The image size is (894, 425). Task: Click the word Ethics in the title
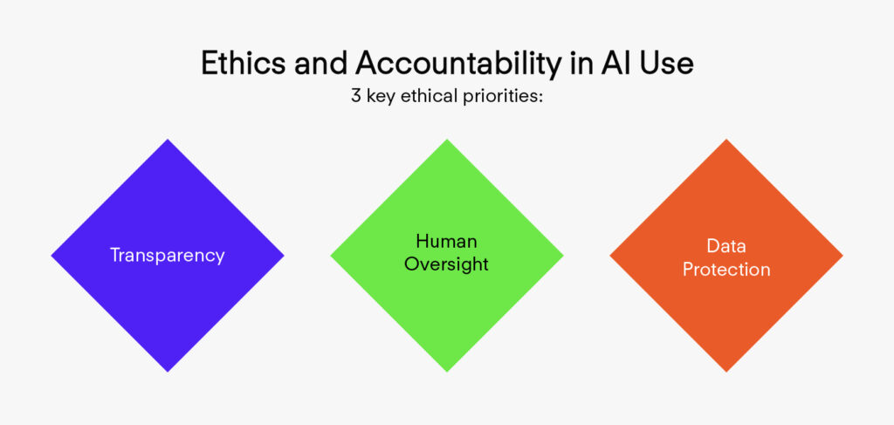tap(244, 64)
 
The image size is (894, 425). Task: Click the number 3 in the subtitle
tap(356, 96)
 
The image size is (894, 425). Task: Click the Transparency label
tap(167, 256)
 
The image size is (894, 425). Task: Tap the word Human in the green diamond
tap(446, 242)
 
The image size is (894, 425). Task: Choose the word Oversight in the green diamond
tap(446, 265)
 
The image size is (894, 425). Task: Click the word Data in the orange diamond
tap(726, 246)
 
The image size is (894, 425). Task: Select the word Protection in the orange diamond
tap(726, 269)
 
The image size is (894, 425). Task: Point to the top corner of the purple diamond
tap(168, 140)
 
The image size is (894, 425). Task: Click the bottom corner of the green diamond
tap(447, 372)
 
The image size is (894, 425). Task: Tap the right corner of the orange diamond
tap(842, 256)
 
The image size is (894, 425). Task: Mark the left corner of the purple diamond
tap(52, 256)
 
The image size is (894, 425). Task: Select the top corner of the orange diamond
tap(726, 140)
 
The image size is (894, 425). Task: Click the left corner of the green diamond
tap(331, 256)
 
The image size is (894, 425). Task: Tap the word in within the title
tap(581, 64)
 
